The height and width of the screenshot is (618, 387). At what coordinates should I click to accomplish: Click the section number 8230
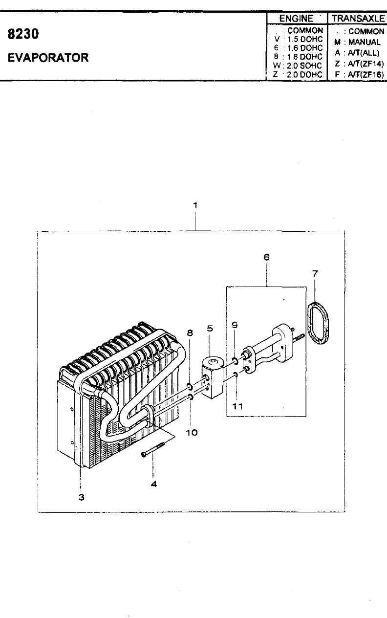click(x=23, y=34)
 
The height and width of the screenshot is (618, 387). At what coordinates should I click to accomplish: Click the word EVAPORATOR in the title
click(x=48, y=58)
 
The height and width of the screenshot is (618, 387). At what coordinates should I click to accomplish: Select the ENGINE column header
click(x=296, y=19)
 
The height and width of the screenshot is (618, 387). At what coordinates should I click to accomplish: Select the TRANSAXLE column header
click(x=358, y=19)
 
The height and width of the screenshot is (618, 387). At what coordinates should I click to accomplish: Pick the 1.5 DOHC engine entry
click(x=305, y=39)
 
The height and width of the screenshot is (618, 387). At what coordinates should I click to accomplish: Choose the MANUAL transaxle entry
click(x=364, y=42)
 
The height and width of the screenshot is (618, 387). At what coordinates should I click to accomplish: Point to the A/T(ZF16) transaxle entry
click(x=365, y=74)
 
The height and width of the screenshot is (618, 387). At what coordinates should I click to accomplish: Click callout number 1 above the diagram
click(x=195, y=205)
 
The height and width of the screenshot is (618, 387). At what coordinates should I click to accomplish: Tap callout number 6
click(x=266, y=257)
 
